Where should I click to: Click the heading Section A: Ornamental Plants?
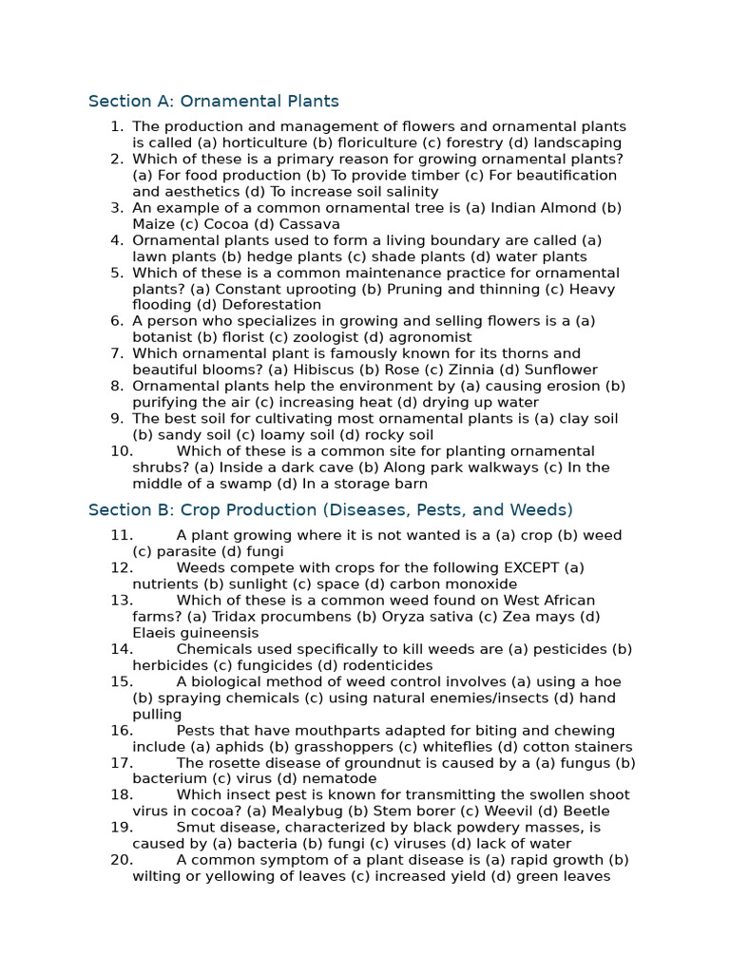213,101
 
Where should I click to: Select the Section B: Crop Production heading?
330,509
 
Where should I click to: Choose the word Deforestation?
271,305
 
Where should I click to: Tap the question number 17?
121,763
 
